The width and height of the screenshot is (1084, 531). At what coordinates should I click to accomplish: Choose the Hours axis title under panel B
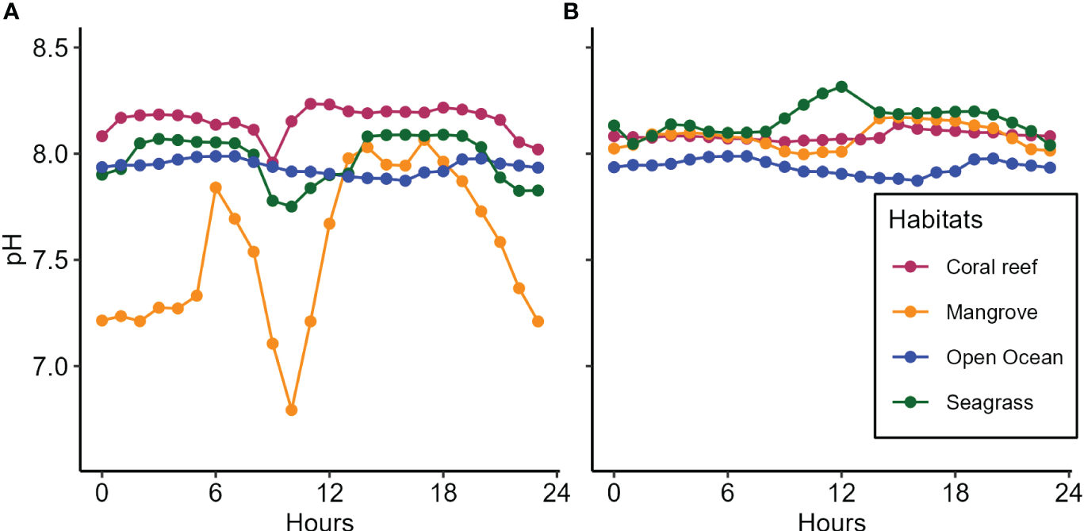pyautogui.click(x=831, y=521)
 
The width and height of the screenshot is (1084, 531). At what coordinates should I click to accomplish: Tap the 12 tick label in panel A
pyautogui.click(x=329, y=493)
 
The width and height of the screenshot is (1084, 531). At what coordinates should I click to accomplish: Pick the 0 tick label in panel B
pyautogui.click(x=614, y=493)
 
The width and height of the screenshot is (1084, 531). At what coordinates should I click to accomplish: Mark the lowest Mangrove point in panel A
pyautogui.click(x=291, y=410)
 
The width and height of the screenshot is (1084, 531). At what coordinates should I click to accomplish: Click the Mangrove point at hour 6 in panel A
pyautogui.click(x=216, y=187)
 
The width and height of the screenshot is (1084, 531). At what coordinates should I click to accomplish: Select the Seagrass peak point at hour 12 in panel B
pyautogui.click(x=841, y=87)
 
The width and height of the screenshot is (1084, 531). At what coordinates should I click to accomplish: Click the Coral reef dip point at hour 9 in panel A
pyautogui.click(x=273, y=162)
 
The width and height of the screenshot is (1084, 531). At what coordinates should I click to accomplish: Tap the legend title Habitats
pyautogui.click(x=936, y=220)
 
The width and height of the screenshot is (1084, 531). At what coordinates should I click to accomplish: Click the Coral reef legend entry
pyautogui.click(x=991, y=267)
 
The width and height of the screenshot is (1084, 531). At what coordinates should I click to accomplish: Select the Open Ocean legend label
pyautogui.click(x=1004, y=357)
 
